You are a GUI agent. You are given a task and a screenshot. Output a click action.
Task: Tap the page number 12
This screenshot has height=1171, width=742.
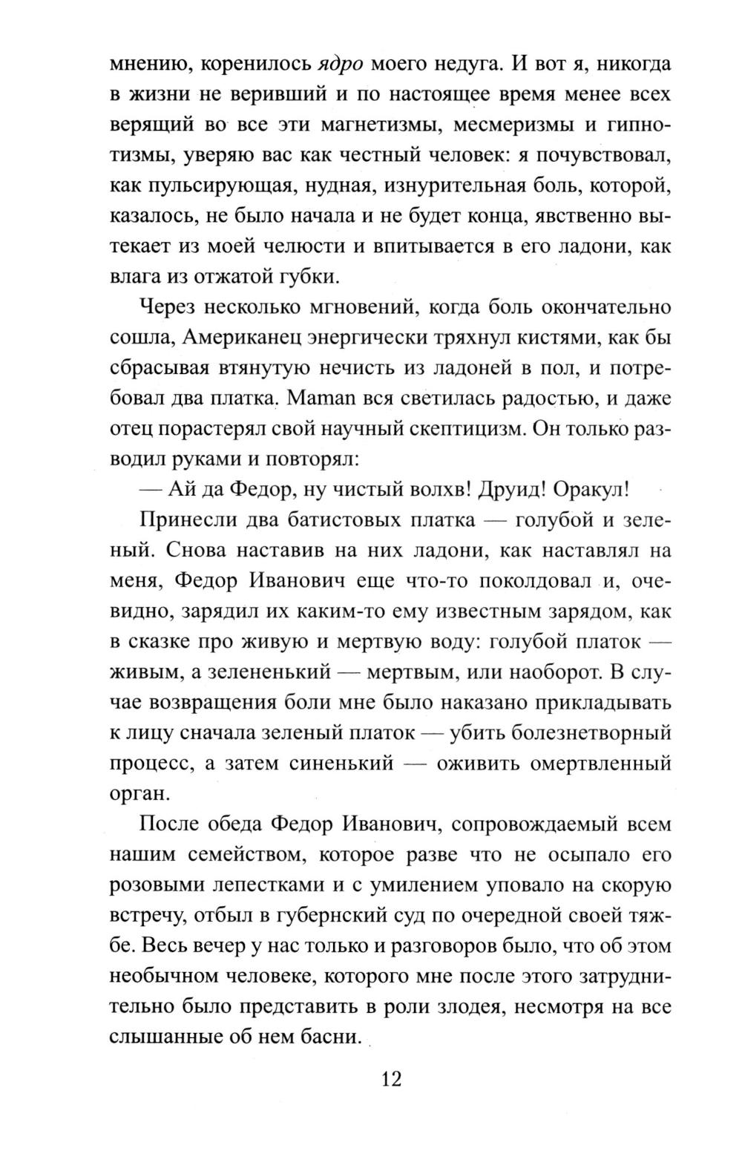pyautogui.click(x=391, y=1079)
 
